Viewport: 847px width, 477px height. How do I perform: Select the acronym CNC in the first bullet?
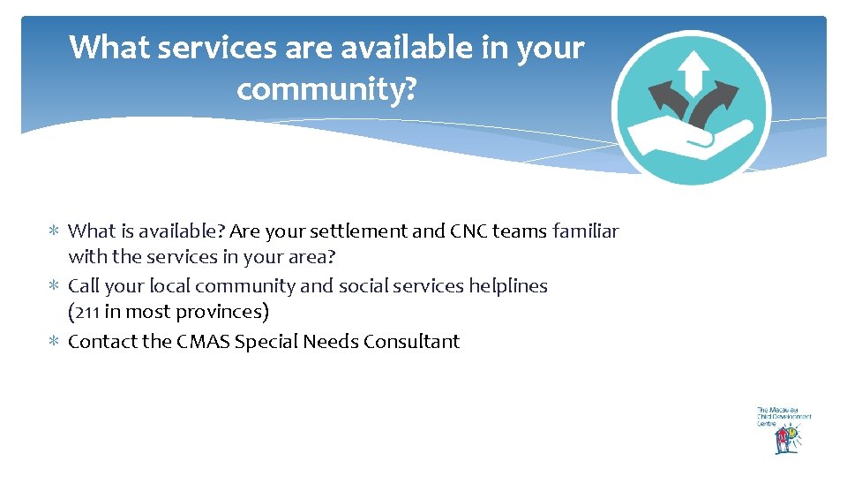click(468, 231)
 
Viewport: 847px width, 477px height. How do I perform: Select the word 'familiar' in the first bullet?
click(585, 231)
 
